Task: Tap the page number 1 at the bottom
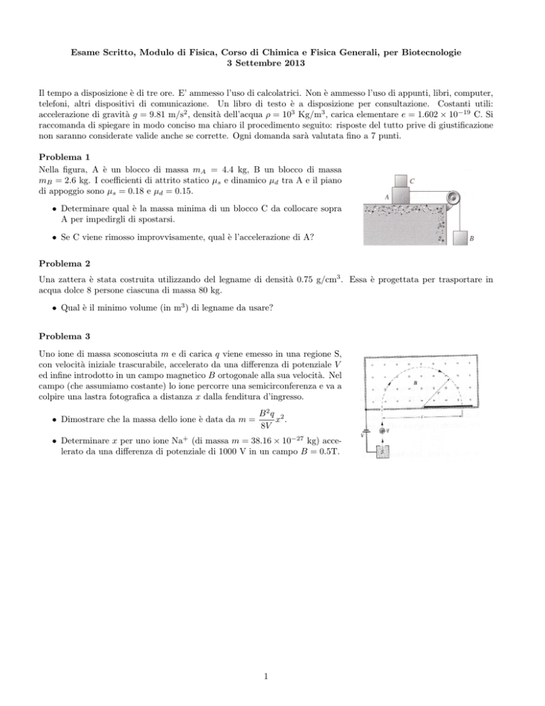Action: click(272, 675)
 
